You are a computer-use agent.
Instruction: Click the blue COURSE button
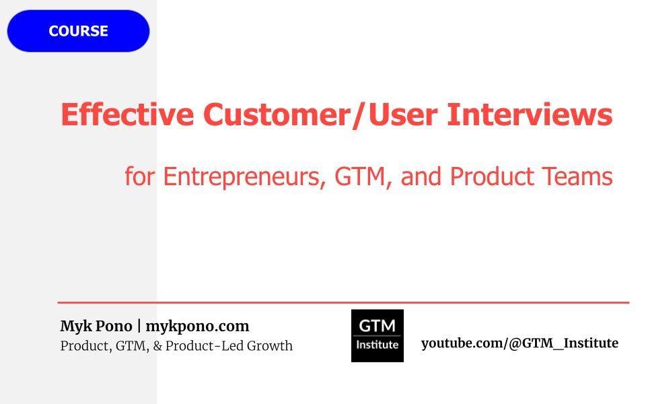pyautogui.click(x=78, y=31)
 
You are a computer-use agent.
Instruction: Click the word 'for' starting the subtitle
pyautogui.click(x=140, y=177)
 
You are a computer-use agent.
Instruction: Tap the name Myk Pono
pyautogui.click(x=96, y=327)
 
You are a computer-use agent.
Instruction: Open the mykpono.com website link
pyautogui.click(x=197, y=327)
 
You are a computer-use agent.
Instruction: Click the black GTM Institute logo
pyautogui.click(x=378, y=335)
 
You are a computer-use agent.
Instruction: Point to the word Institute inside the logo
pyautogui.click(x=378, y=345)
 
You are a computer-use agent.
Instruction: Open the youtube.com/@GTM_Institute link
pyautogui.click(x=519, y=343)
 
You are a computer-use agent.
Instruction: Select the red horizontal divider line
pyautogui.click(x=343, y=303)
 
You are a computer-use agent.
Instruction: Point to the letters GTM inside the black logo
pyautogui.click(x=378, y=326)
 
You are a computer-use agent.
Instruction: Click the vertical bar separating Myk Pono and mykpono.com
pyautogui.click(x=139, y=327)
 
